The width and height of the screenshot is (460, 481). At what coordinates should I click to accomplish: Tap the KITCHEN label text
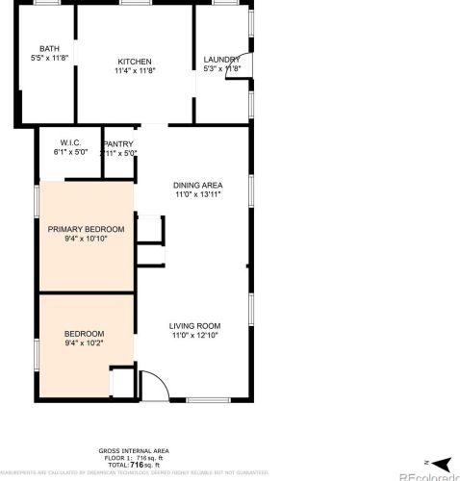click(135, 61)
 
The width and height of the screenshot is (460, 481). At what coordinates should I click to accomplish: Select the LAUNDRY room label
click(221, 61)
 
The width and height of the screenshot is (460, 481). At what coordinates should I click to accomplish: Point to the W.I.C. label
click(70, 143)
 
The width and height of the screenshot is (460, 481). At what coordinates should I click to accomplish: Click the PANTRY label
click(118, 143)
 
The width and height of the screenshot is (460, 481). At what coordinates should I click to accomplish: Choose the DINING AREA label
click(198, 185)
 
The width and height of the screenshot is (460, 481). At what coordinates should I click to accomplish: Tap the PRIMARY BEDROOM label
click(87, 229)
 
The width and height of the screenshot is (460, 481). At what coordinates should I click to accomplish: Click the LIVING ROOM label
click(195, 325)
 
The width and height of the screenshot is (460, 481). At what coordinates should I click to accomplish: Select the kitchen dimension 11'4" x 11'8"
click(135, 70)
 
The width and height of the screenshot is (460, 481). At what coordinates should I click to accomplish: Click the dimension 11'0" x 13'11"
click(198, 194)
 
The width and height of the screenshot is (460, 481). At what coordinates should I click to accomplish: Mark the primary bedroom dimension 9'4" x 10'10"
click(87, 239)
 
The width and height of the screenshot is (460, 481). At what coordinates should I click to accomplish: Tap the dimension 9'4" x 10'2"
click(85, 342)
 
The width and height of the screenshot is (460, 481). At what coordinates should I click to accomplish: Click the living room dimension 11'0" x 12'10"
click(195, 335)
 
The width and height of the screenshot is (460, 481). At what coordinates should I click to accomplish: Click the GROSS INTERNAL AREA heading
click(134, 450)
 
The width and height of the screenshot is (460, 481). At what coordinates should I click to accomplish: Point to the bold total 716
click(135, 464)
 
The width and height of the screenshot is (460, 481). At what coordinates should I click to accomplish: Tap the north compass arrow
click(438, 463)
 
